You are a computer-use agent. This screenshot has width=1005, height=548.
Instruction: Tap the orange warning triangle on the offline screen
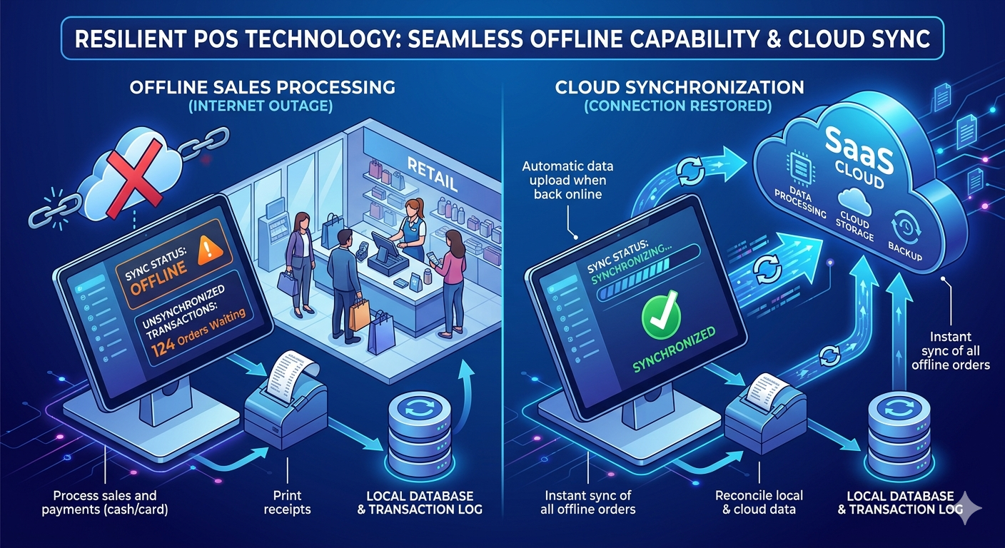(x=209, y=249)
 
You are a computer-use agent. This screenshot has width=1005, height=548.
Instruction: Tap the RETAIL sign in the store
(x=432, y=176)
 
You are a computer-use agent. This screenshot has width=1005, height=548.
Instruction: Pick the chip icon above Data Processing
(x=800, y=170)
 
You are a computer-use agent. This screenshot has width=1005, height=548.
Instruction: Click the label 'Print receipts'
(x=287, y=502)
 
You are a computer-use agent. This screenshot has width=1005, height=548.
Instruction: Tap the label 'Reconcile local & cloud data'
(x=759, y=502)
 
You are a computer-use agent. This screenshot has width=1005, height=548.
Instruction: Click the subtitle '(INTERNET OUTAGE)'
(x=261, y=106)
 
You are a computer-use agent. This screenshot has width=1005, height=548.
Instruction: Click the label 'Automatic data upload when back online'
(x=567, y=181)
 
